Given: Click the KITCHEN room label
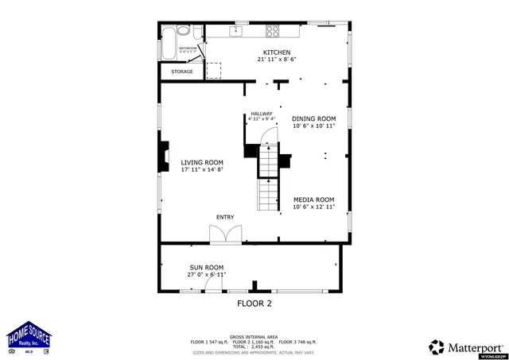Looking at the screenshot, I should coord(266,52).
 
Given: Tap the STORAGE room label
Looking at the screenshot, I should coord(182,72).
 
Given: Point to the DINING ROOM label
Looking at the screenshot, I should coord(313,118).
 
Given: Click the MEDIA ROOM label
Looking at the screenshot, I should coord(313,199).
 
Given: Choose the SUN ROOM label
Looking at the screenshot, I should coord(206,268).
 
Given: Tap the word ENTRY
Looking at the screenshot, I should coord(225,217).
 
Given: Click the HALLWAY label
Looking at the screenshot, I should coord(262,114).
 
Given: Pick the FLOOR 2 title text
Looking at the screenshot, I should coord(254,304).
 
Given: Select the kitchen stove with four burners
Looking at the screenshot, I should coord(273,32).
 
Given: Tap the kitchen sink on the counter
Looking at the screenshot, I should coord(236,32).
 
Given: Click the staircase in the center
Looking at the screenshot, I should coord(269,179).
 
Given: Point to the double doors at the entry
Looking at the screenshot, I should coord(225,234).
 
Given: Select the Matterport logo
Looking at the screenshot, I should coord(466,346).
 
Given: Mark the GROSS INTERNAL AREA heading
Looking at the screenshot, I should coord(254,337).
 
